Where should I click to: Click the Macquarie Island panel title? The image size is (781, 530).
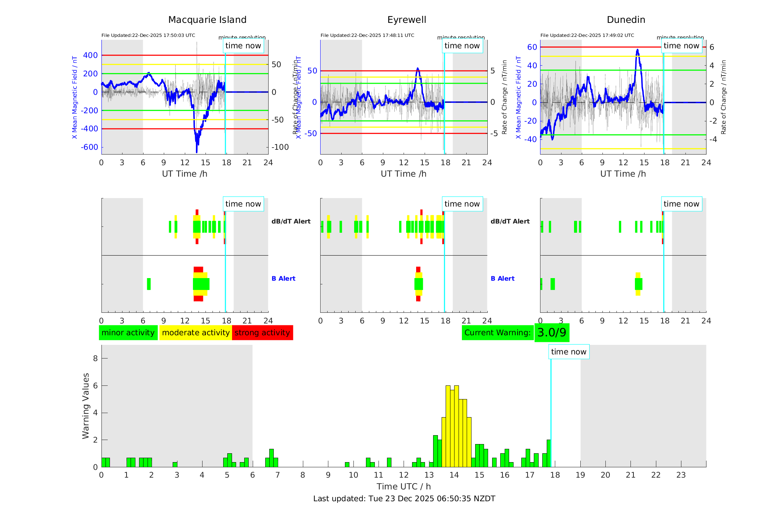pyautogui.click(x=207, y=20)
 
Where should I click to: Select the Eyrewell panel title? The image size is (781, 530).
pyautogui.click(x=407, y=20)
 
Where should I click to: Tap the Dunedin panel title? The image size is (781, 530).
pyautogui.click(x=626, y=20)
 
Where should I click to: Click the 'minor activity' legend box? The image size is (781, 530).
pyautogui.click(x=128, y=333)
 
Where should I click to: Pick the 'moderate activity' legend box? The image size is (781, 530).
pyautogui.click(x=196, y=333)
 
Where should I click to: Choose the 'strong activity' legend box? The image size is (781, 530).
pyautogui.click(x=262, y=333)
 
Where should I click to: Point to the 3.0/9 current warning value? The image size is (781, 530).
pyautogui.click(x=552, y=333)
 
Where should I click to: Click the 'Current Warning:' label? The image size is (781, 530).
pyautogui.click(x=497, y=333)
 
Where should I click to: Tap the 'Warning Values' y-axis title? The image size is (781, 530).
pyautogui.click(x=86, y=406)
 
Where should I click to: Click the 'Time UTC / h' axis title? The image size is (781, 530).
pyautogui.click(x=404, y=486)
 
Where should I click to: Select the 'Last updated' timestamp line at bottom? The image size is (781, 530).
pyautogui.click(x=404, y=499)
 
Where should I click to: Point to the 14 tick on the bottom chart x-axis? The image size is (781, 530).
pyautogui.click(x=454, y=475)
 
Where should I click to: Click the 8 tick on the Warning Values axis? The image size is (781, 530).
pyautogui.click(x=95, y=358)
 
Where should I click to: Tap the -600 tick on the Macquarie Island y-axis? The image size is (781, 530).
pyautogui.click(x=90, y=147)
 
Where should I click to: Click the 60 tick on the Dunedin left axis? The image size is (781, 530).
pyautogui.click(x=532, y=47)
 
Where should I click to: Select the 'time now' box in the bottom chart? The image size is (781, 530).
pyautogui.click(x=569, y=352)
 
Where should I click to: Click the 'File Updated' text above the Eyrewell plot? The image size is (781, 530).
pyautogui.click(x=367, y=35)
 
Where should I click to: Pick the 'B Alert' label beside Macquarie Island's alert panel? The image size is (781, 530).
pyautogui.click(x=283, y=278)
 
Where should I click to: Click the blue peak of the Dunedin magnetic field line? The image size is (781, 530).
pyautogui.click(x=637, y=50)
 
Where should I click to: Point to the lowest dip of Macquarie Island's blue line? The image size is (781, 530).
pyautogui.click(x=197, y=151)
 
